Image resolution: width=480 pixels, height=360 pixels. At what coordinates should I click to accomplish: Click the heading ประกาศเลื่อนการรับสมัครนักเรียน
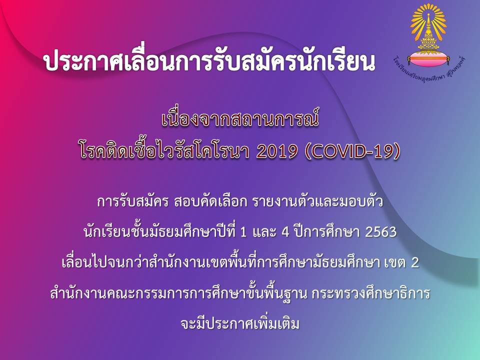[209, 60]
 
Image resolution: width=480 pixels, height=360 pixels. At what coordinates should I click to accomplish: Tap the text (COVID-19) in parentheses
[352, 152]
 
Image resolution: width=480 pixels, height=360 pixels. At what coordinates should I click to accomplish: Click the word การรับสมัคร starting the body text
[133, 202]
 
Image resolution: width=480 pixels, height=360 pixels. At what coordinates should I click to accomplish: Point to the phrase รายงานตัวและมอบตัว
[317, 202]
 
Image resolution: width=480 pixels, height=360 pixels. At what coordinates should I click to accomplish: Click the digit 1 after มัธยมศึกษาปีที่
[243, 232]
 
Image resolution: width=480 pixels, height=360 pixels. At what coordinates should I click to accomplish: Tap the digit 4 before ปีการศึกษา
[285, 232]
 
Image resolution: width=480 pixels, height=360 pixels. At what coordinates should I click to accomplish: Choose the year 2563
[381, 232]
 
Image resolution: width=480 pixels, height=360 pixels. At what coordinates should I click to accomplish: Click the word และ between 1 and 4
[264, 232]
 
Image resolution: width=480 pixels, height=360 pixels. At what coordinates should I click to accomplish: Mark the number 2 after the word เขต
[415, 262]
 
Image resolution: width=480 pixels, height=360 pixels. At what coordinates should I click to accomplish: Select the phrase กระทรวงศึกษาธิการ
[371, 293]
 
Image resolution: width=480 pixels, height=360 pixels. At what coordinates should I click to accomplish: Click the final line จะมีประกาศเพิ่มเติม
[240, 323]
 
